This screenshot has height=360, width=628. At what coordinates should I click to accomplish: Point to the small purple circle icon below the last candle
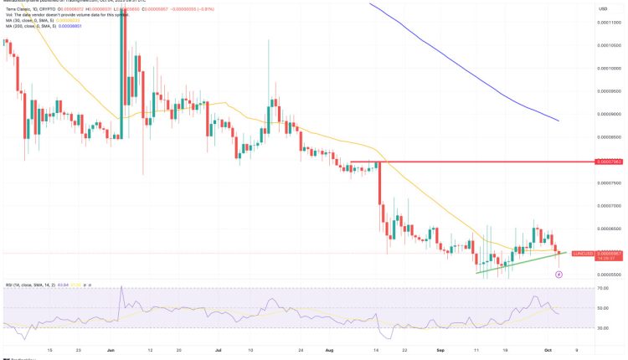click(559, 274)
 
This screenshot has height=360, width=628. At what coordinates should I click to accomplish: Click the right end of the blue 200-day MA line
click(559, 120)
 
